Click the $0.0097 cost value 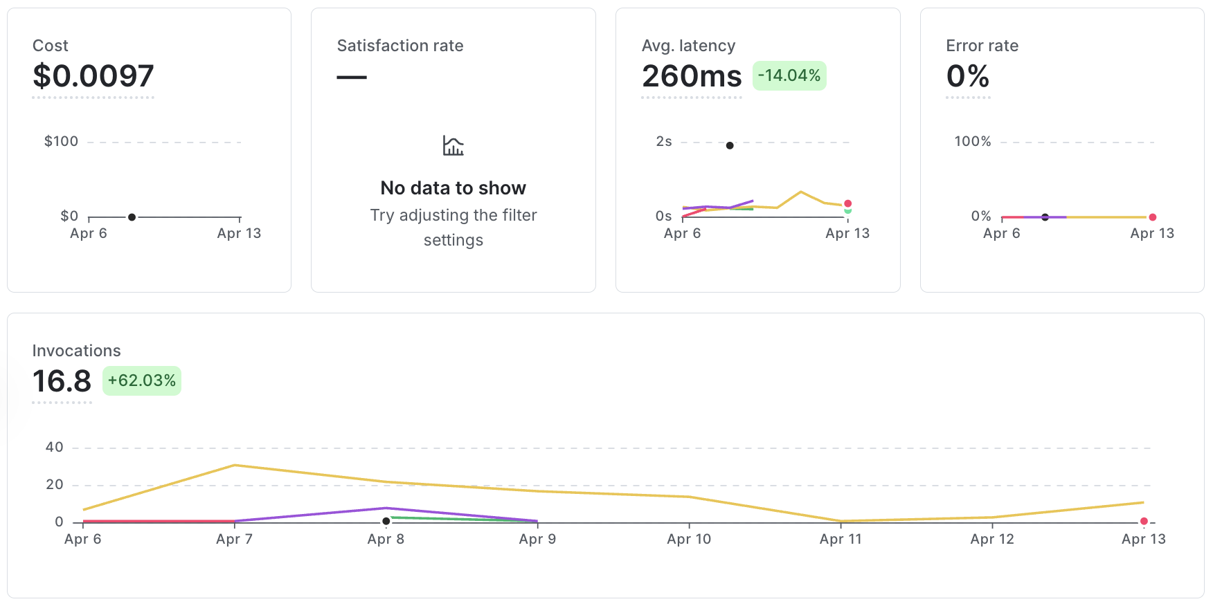93,76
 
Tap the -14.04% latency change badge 789,75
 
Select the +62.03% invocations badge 142,380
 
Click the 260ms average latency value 691,76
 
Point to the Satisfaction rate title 400,46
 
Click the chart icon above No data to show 453,146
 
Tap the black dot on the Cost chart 132,217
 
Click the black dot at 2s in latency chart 730,145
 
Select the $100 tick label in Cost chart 61,142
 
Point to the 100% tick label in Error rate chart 972,142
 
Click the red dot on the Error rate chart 1152,217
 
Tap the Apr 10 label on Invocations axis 689,539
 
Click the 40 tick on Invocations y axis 55,448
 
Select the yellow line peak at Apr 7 235,465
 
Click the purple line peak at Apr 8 386,508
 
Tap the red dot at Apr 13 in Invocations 1144,521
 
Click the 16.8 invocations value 62,381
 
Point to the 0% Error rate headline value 967,76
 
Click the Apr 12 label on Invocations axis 992,539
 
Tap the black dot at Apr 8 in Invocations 386,521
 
